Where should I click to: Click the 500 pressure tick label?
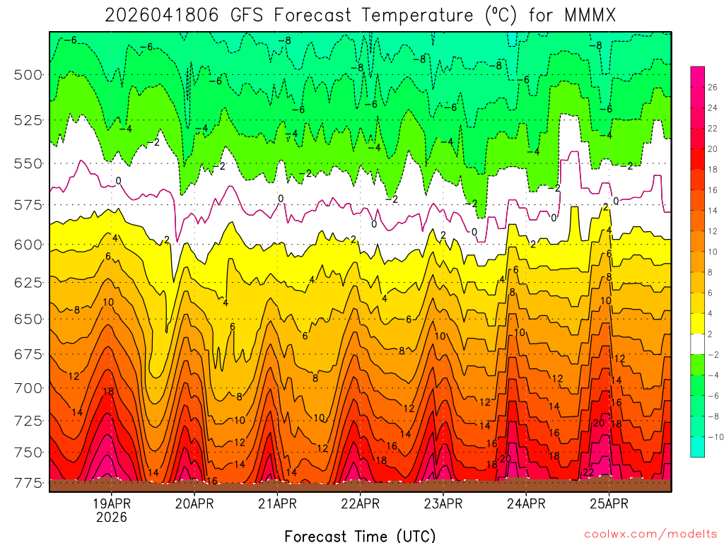click(28, 74)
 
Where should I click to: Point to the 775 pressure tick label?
click(28, 483)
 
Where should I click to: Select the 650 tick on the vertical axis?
click(28, 319)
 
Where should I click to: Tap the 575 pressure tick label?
click(28, 204)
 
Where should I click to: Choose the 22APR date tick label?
click(360, 504)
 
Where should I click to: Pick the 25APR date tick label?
click(609, 504)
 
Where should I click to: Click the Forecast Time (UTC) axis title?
click(360, 535)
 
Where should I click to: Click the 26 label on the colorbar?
click(712, 88)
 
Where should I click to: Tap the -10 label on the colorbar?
click(714, 436)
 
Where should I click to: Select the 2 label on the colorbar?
click(710, 334)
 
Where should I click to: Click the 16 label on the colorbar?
click(712, 190)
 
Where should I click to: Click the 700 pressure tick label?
click(28, 387)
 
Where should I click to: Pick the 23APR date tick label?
click(443, 504)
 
